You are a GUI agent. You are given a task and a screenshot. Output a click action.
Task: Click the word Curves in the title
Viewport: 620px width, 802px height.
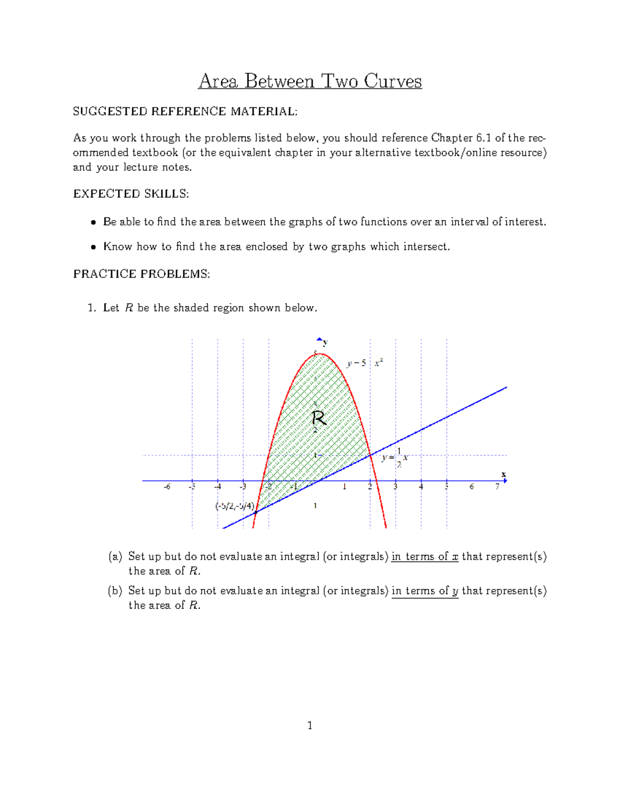tap(393, 81)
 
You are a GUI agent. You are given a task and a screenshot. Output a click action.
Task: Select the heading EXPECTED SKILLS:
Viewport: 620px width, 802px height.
tap(131, 194)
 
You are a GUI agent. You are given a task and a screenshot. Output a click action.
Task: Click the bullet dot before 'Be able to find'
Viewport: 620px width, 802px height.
tap(94, 223)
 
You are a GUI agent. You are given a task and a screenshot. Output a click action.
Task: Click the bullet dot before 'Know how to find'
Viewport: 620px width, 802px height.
tap(94, 247)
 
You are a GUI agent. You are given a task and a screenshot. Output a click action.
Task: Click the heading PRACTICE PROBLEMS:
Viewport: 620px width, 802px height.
tap(142, 274)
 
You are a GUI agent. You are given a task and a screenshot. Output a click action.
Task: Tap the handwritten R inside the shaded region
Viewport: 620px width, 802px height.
tap(319, 418)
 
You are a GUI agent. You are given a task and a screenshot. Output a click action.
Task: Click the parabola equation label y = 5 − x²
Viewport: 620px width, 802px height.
tap(365, 363)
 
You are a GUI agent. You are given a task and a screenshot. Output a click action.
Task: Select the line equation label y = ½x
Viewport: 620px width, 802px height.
tap(395, 458)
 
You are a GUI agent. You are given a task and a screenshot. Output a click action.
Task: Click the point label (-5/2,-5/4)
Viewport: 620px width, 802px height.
tap(235, 506)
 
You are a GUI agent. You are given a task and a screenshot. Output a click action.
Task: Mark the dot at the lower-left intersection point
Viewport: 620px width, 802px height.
tap(256, 512)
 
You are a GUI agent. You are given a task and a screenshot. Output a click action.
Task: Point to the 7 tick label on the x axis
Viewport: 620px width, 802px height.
tap(497, 486)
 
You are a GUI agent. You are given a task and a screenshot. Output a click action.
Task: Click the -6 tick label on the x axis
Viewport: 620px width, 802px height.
tap(166, 486)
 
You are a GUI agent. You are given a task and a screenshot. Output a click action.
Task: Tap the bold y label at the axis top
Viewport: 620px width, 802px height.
tap(325, 342)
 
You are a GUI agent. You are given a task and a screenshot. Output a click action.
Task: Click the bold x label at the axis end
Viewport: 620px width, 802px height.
tap(503, 474)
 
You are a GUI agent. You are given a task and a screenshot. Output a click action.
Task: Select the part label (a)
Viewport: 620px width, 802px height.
tap(115, 556)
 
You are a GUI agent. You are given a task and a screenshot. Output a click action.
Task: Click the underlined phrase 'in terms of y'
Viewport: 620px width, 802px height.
tap(425, 591)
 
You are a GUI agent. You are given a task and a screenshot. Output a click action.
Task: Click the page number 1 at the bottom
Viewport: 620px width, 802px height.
tap(309, 726)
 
